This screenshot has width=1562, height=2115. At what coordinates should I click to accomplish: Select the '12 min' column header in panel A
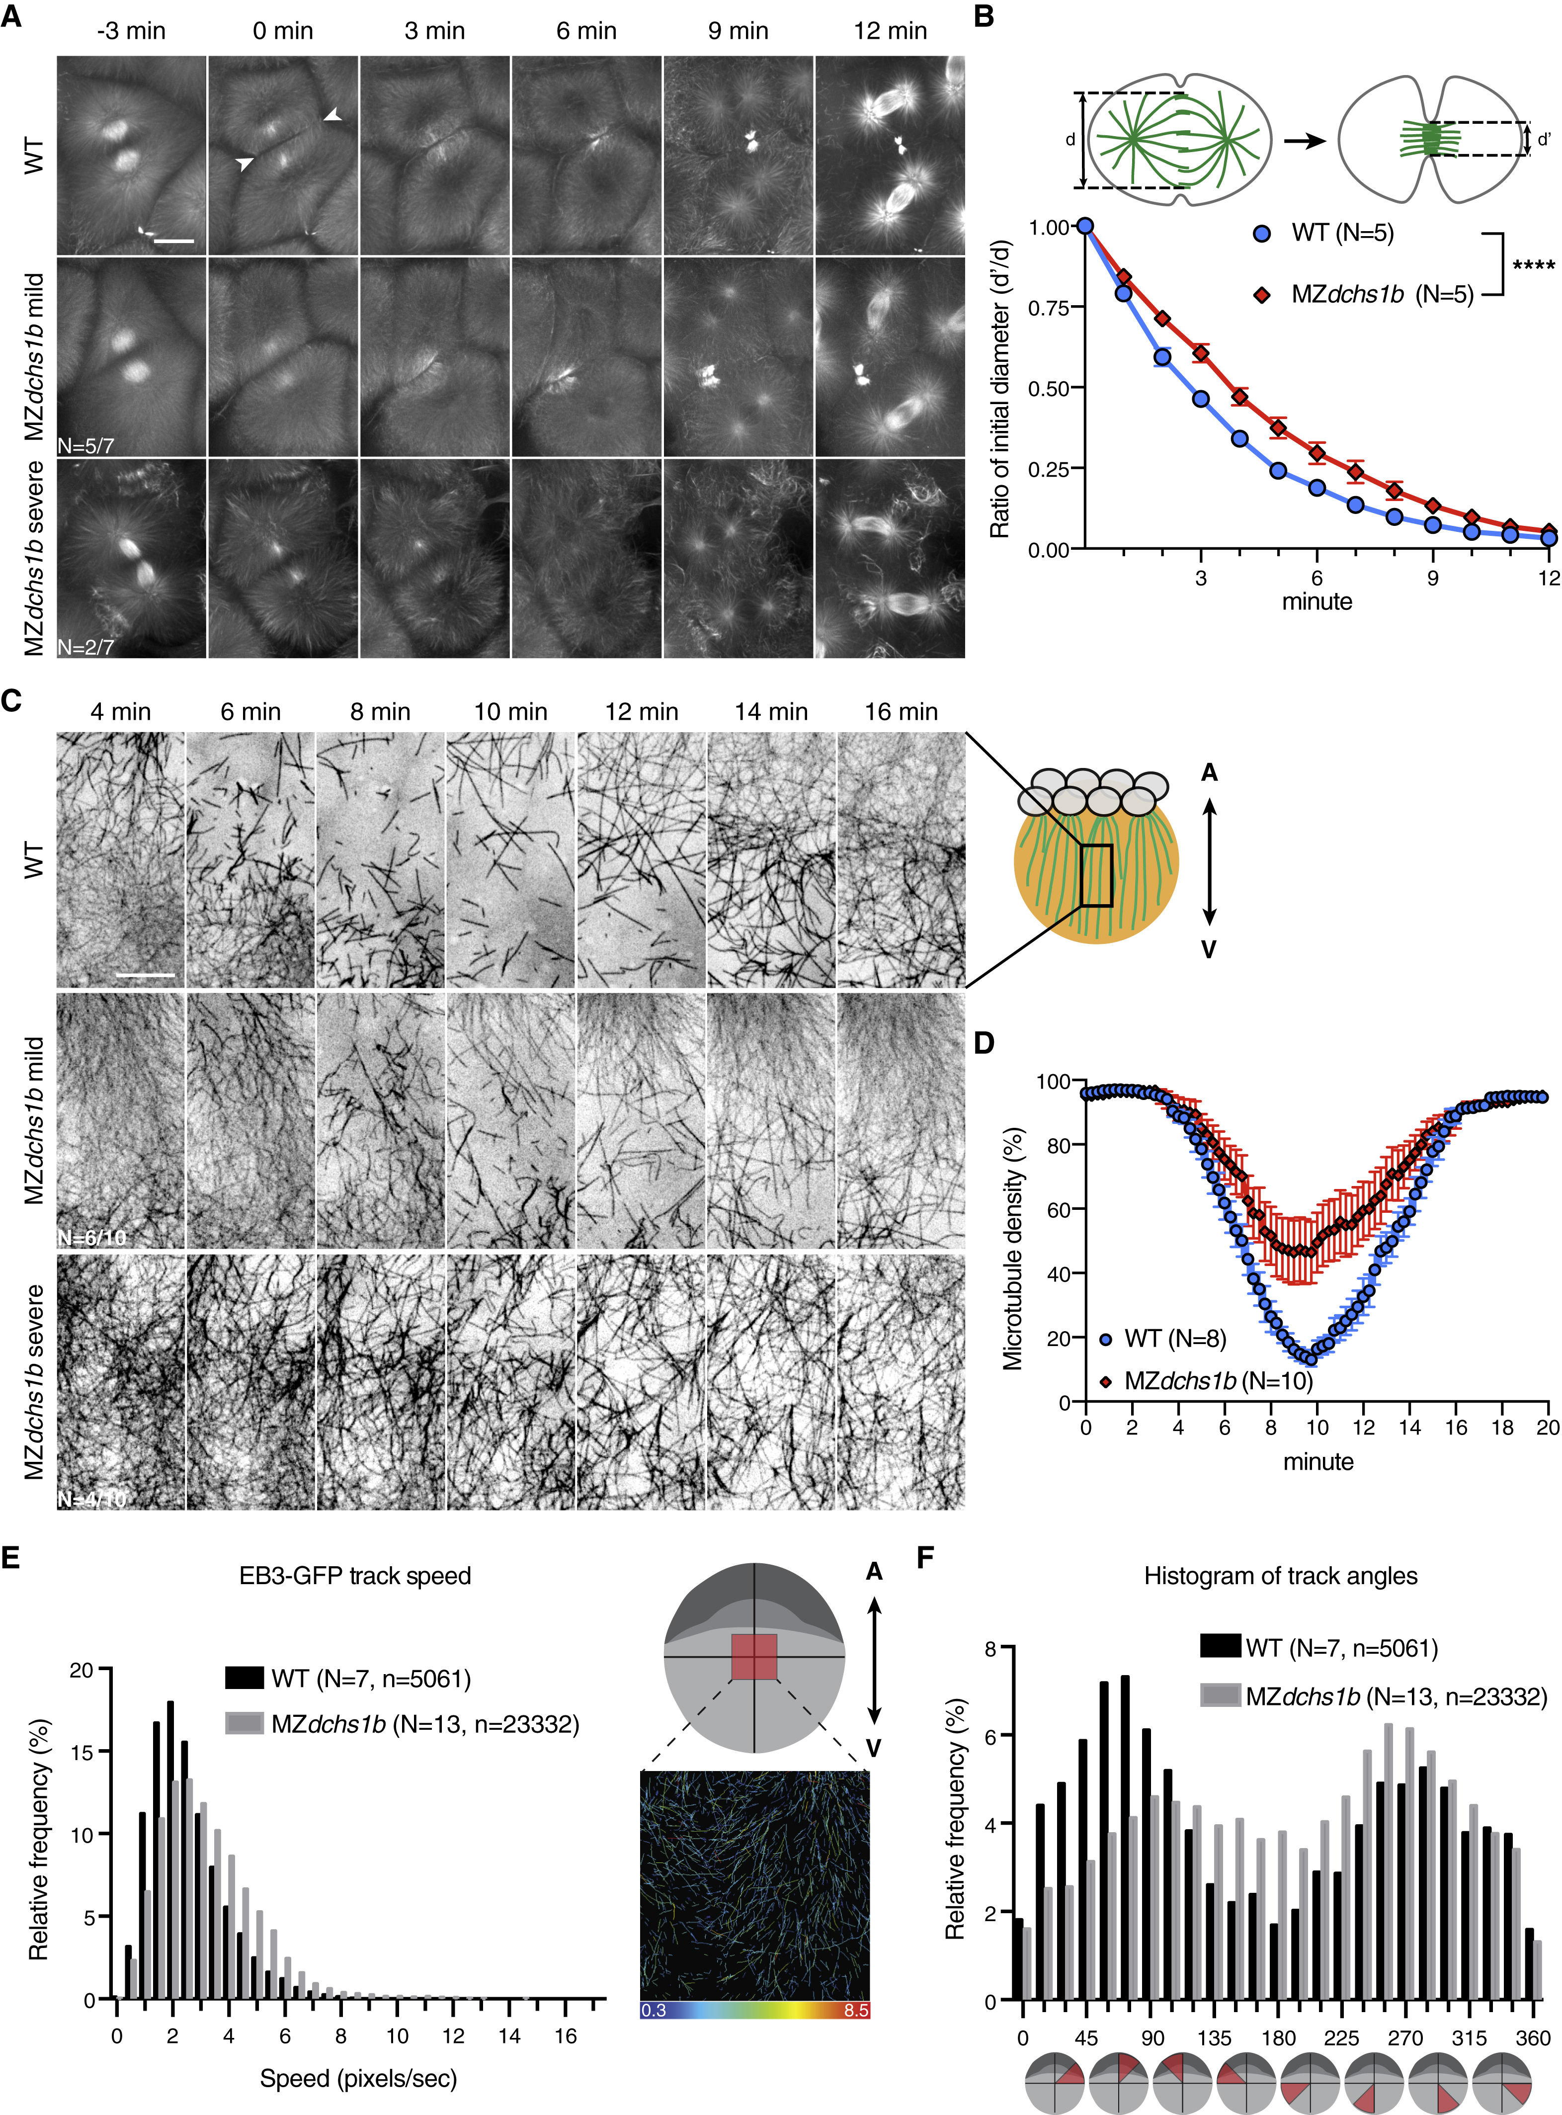[890, 31]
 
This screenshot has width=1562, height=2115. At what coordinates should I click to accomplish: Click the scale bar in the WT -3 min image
[174, 241]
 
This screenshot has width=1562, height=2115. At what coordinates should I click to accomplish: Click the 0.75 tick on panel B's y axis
[1050, 307]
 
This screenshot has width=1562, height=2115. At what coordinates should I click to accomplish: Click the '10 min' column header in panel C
[510, 712]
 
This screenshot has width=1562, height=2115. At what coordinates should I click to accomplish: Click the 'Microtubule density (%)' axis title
[1014, 1248]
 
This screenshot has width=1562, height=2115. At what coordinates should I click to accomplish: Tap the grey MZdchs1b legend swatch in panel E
[244, 1724]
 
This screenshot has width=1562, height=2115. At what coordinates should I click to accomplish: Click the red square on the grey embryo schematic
[753, 1656]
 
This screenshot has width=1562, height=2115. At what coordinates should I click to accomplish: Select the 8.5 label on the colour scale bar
[856, 2009]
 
